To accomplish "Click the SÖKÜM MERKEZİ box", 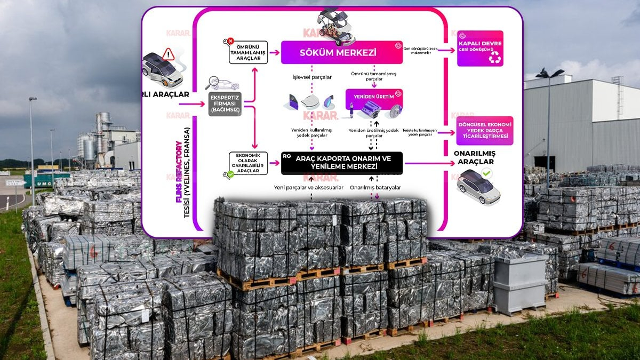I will pos(342,52).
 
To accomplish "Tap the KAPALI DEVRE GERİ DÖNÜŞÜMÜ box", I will pos(480,48).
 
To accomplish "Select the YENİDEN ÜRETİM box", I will pos(374,97).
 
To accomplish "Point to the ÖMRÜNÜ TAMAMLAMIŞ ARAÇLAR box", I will pos(248,52).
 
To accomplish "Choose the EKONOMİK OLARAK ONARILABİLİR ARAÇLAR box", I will pos(248,163).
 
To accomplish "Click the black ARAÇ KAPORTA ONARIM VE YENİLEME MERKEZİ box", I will pos(342,163).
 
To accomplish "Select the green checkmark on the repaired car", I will pos(486,173).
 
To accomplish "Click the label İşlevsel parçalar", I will pos(312,77).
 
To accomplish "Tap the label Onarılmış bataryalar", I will pos(375,188).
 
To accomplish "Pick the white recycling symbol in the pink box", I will pos(494,58).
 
